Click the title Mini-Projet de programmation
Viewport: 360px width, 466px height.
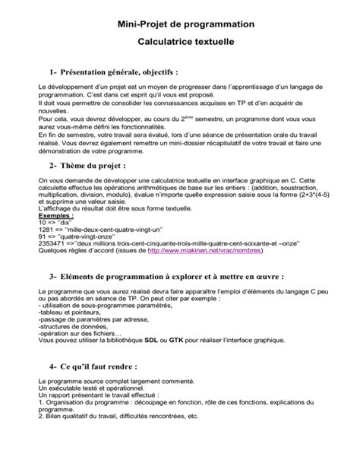[x=180, y=24]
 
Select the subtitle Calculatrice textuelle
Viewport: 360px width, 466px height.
[x=180, y=46]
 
